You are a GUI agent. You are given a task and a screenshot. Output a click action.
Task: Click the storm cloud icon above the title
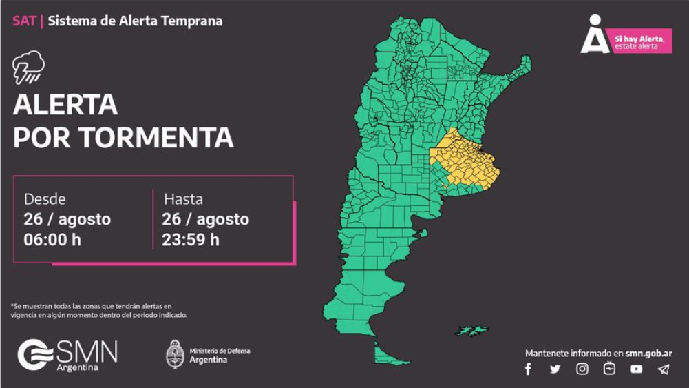coord(28,67)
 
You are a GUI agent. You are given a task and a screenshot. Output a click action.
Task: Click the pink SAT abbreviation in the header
coord(24,21)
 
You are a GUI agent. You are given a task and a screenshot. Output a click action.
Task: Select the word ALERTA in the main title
coord(65,105)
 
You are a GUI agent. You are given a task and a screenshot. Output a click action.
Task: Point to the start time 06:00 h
coord(52,240)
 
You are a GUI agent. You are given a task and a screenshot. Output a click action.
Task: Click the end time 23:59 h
coord(191,240)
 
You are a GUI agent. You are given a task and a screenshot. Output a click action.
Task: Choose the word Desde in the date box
coord(45,199)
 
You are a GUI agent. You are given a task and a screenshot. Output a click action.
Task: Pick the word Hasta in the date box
coord(183,199)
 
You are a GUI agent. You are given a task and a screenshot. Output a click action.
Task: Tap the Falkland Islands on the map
coord(471,331)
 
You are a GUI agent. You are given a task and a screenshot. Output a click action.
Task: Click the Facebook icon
coord(529,369)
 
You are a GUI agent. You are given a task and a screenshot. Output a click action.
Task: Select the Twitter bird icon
coord(555,369)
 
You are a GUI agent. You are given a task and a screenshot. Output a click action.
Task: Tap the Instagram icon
coord(582,369)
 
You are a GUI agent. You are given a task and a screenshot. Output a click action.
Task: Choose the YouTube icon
coord(636,369)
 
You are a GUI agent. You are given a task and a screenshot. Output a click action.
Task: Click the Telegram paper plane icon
coord(663,369)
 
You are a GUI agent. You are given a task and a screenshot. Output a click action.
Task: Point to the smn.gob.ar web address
coord(648,354)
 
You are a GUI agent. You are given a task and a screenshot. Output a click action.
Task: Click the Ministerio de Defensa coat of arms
coord(176,354)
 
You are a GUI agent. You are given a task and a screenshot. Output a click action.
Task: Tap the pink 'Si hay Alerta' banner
coord(642,41)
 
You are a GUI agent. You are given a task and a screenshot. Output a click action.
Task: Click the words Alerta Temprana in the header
coord(182,21)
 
